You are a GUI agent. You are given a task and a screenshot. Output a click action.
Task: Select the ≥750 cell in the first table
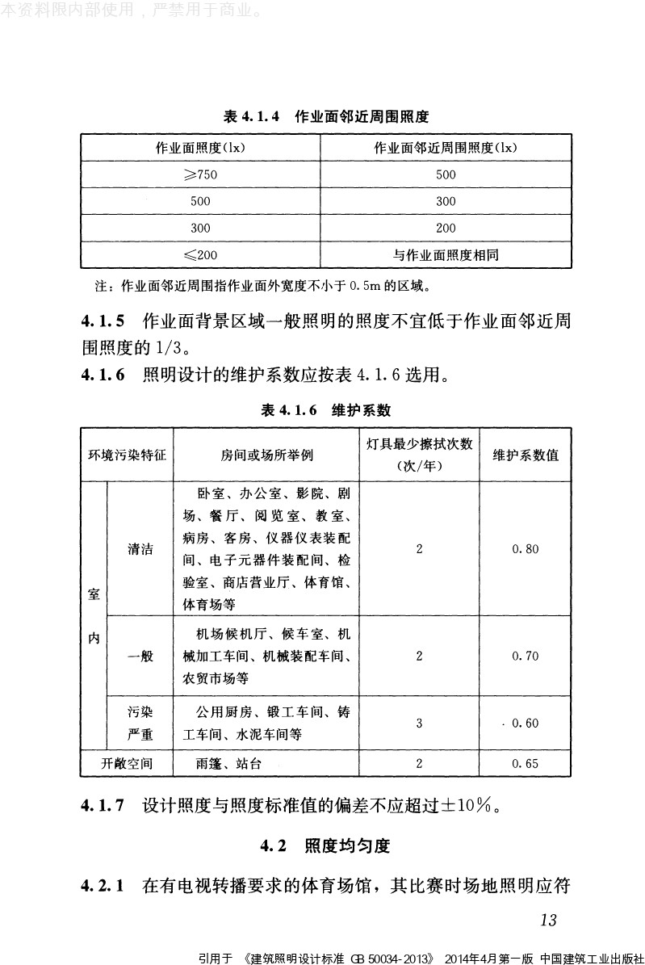pos(200,174)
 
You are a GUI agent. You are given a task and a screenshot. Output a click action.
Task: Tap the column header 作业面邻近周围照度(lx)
pos(446,148)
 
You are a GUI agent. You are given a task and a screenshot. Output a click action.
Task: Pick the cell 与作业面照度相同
pos(446,255)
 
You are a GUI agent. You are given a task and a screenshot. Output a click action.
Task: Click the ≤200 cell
pos(200,255)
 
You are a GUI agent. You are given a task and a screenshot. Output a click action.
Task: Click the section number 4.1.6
pos(103,375)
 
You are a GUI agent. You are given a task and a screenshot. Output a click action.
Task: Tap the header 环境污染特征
pos(127,455)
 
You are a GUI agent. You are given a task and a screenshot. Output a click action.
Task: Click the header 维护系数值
pos(526,455)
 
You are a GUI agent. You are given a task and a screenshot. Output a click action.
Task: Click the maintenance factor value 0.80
pos(526,549)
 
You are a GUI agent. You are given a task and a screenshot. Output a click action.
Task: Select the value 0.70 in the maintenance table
pos(526,657)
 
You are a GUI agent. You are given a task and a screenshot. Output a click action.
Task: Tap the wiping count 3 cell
pos(419,723)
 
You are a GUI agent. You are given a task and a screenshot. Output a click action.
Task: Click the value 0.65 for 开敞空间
pos(526,763)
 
